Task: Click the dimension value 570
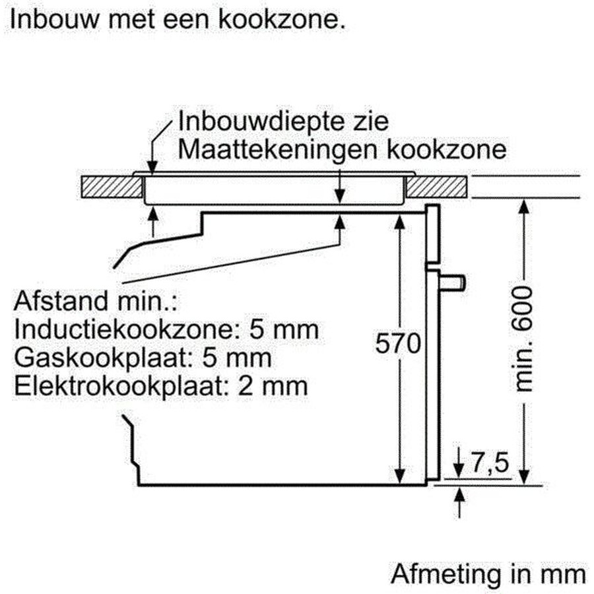coord(398,344)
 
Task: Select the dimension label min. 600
coord(524,339)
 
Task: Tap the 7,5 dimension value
coord(490,463)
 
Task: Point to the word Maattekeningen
coord(278,150)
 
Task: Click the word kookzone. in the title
coord(282,19)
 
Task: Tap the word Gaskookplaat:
coord(102,358)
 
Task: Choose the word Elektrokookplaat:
coord(121,386)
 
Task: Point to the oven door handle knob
coord(452,282)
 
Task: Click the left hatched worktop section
coord(112,186)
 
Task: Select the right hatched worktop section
coord(436,186)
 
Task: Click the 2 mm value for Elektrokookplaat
coord(273,386)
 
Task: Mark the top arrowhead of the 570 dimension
coord(400,222)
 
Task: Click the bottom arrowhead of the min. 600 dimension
coord(523,476)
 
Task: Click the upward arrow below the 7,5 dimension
coord(459,503)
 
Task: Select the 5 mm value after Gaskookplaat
coord(237,358)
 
